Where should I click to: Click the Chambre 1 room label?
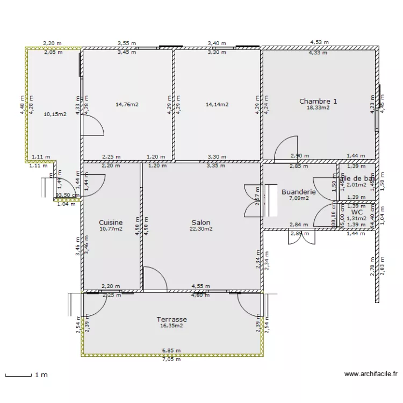pyautogui.click(x=318, y=101)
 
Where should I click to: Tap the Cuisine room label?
pyautogui.click(x=111, y=222)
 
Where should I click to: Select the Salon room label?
pyautogui.click(x=201, y=222)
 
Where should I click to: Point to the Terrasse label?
pyautogui.click(x=171, y=319)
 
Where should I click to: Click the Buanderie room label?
pyautogui.click(x=298, y=192)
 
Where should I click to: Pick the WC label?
pyautogui.click(x=357, y=212)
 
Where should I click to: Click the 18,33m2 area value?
pyautogui.click(x=318, y=107)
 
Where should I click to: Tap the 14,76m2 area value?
pyautogui.click(x=127, y=105)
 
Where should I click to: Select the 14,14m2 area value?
pyautogui.click(x=217, y=105)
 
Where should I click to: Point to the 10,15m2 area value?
pyautogui.click(x=55, y=114)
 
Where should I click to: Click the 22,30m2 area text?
pyautogui.click(x=200, y=228)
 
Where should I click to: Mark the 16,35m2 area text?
pyautogui.click(x=171, y=325)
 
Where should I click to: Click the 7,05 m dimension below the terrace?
pyautogui.click(x=171, y=359)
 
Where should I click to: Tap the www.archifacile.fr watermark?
pyautogui.click(x=371, y=374)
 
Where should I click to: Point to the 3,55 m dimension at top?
pyautogui.click(x=127, y=42)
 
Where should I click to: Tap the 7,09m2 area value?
pyautogui.click(x=299, y=198)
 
